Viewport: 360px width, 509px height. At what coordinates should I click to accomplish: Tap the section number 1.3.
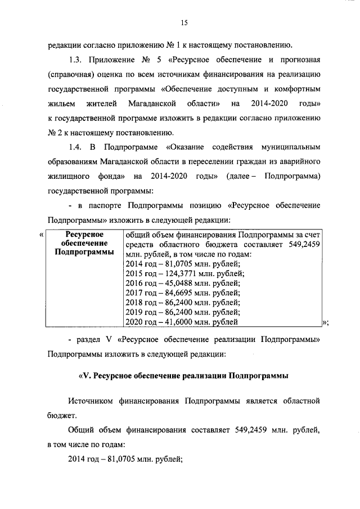coord(75,59)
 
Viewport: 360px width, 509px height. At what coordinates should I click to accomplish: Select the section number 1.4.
coord(75,147)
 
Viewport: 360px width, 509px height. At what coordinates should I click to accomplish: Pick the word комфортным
coord(296,88)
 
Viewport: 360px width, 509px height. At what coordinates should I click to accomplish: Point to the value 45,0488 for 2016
coord(177,283)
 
